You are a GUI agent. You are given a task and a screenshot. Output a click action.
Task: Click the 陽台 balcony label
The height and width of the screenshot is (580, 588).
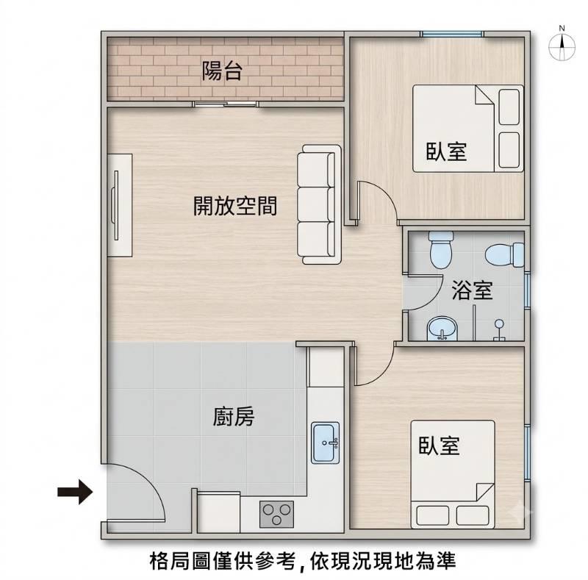coord(222,71)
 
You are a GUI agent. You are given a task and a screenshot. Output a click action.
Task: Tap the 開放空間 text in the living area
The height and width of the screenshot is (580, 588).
coord(235,206)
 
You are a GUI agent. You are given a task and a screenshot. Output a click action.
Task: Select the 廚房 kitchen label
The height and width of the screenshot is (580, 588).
coord(234,416)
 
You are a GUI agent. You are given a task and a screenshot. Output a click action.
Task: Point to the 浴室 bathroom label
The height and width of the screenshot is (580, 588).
coord(472,290)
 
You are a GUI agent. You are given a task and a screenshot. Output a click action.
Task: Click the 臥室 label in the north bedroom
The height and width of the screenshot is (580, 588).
coord(446,151)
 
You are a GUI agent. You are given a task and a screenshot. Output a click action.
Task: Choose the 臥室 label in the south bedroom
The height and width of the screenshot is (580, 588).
coord(439,445)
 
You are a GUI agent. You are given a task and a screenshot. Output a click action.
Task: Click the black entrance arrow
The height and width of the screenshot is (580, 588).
coord(75,492)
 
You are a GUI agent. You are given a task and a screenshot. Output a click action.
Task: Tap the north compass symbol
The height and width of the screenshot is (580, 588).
coord(562,45)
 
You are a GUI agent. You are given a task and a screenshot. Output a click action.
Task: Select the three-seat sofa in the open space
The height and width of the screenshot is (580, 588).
coord(320,204)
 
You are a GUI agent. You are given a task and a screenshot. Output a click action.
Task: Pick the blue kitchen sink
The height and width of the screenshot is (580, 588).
coord(325,443)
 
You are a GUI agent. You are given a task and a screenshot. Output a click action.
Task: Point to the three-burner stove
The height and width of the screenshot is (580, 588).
coord(277,514)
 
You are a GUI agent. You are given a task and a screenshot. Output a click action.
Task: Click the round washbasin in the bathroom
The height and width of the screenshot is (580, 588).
coord(442,329)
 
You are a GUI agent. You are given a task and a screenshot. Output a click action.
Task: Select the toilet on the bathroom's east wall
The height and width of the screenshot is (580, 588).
coord(505,255)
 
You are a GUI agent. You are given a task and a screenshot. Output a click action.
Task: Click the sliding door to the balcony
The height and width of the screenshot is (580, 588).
coord(226,104)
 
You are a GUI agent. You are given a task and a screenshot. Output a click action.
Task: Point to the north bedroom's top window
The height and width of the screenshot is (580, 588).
coord(451,34)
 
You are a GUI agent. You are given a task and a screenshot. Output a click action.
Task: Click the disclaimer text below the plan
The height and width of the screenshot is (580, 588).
coord(303,561)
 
